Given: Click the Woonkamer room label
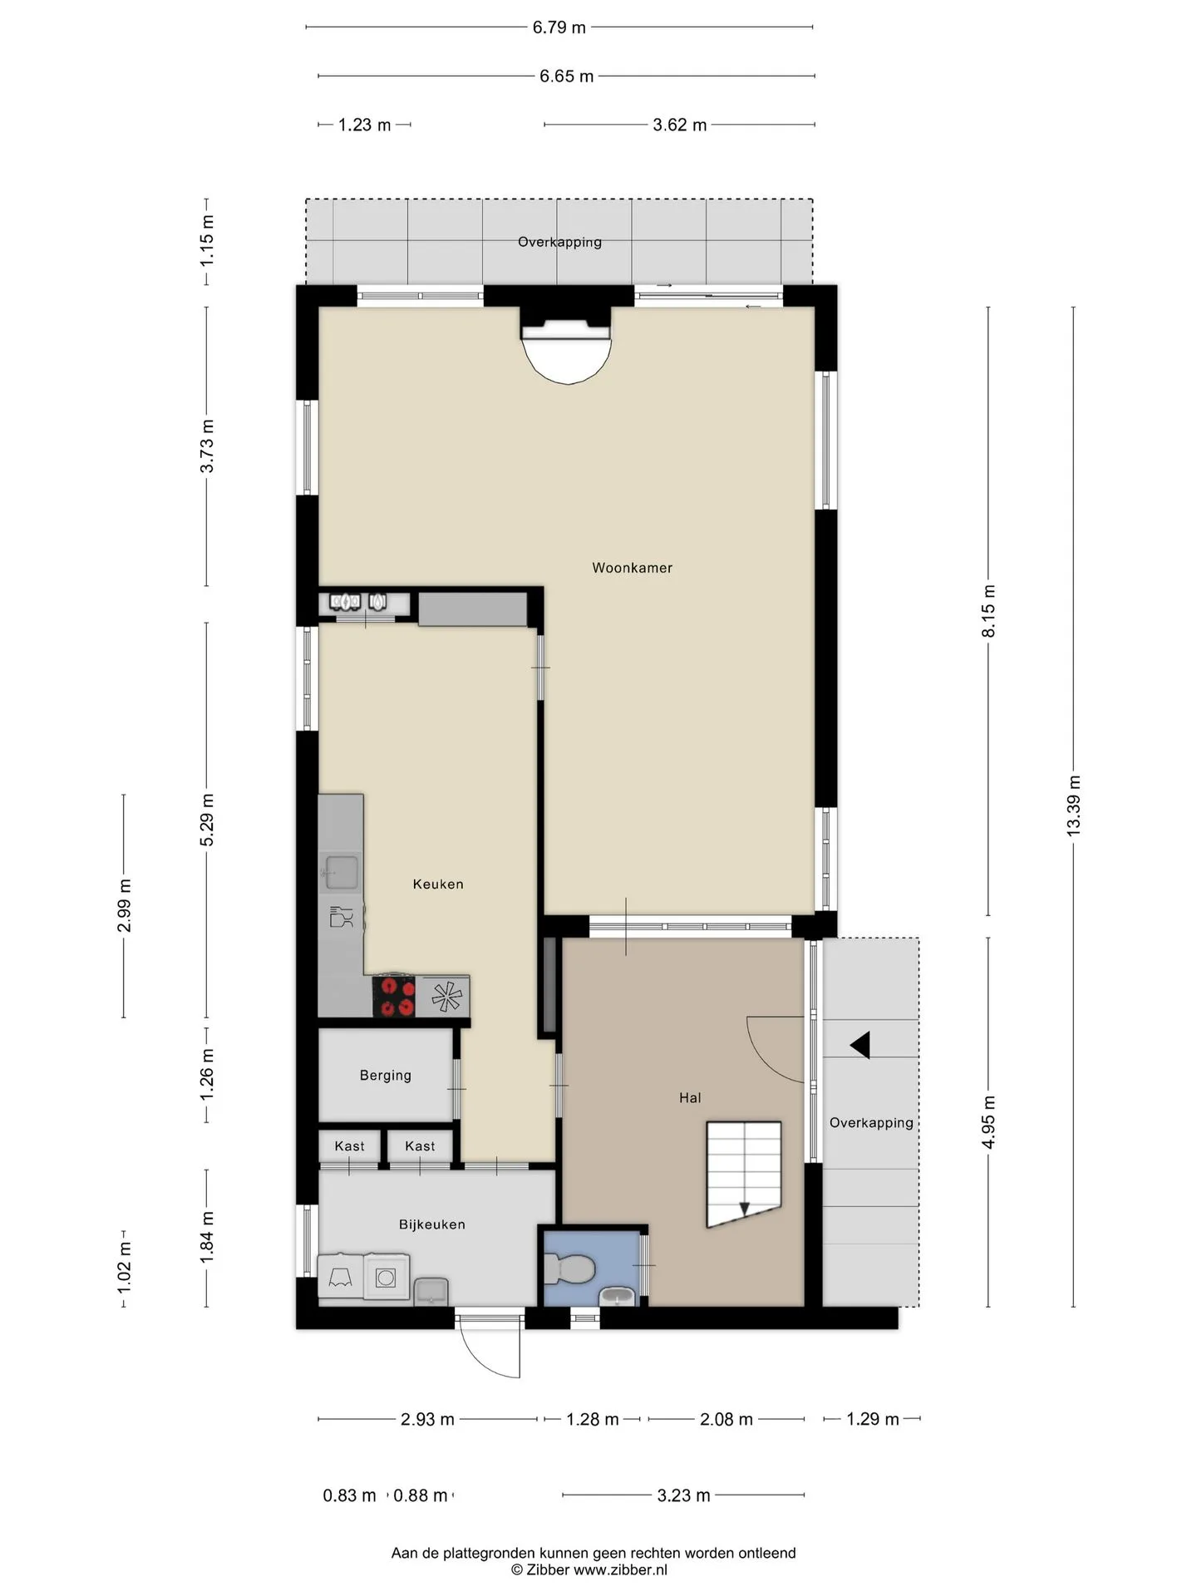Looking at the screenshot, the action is point(632,568).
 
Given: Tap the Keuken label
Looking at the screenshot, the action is point(438,884).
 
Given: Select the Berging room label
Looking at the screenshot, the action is point(385,1076).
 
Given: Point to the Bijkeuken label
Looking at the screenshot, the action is point(431,1224).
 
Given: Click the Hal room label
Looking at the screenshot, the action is point(690,1098).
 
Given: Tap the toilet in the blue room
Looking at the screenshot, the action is point(569,1269).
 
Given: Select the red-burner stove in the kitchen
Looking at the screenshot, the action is point(394,996).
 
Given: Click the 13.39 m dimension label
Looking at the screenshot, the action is point(1073,805).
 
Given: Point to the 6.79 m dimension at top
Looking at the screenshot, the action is point(559,27).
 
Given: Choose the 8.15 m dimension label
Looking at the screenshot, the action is point(988,611).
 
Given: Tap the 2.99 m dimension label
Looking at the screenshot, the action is point(124,905).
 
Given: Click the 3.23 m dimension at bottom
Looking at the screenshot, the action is point(683,1495).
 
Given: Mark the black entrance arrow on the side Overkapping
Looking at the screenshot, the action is point(860,1045).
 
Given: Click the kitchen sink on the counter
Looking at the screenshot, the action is point(341,872).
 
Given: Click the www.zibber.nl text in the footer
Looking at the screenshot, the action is point(621,1570).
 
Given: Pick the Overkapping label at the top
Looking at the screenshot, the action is point(559,242).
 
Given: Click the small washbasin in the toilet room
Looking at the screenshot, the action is point(616,1296).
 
